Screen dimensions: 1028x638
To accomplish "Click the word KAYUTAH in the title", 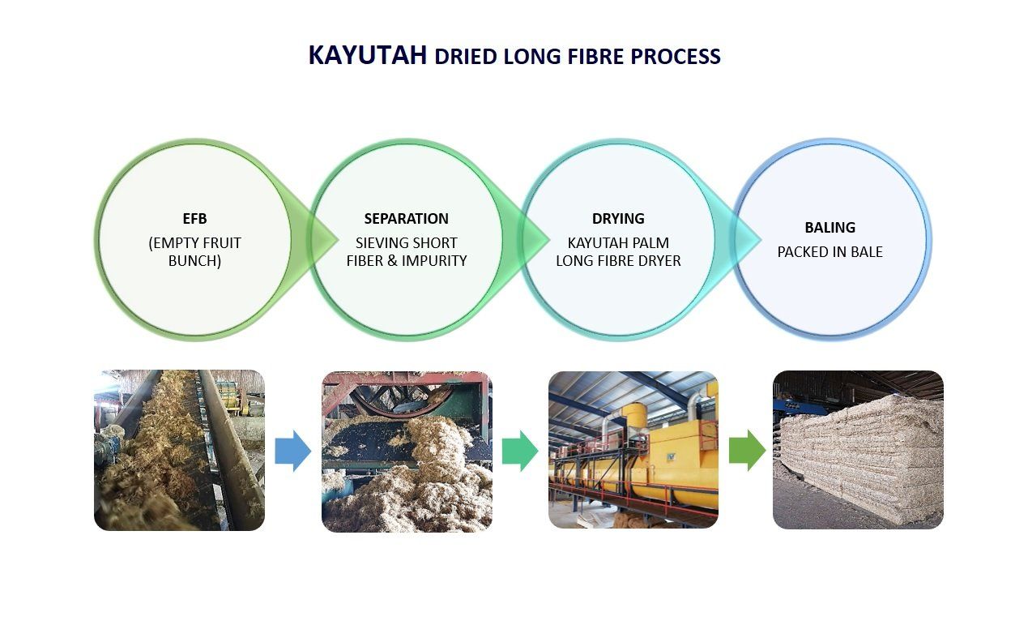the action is pyautogui.click(x=368, y=55).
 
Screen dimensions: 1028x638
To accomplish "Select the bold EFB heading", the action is pyautogui.click(x=194, y=219).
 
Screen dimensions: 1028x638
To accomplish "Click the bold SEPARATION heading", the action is pyautogui.click(x=406, y=219).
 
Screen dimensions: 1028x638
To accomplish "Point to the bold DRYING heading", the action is pyautogui.click(x=618, y=219).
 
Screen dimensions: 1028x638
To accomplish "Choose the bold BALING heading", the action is pyautogui.click(x=830, y=227).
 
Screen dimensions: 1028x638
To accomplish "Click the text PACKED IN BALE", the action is pyautogui.click(x=830, y=251).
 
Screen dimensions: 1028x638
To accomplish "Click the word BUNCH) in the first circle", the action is pyautogui.click(x=194, y=261).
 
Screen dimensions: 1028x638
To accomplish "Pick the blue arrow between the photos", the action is pyautogui.click(x=292, y=451).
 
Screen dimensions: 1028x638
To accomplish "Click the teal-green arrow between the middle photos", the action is pyautogui.click(x=520, y=451).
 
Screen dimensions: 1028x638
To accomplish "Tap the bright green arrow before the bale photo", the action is pyautogui.click(x=748, y=451).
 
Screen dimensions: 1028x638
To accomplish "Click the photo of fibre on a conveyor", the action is pyautogui.click(x=180, y=450).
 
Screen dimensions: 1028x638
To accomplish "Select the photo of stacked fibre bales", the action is pyautogui.click(x=858, y=450).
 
